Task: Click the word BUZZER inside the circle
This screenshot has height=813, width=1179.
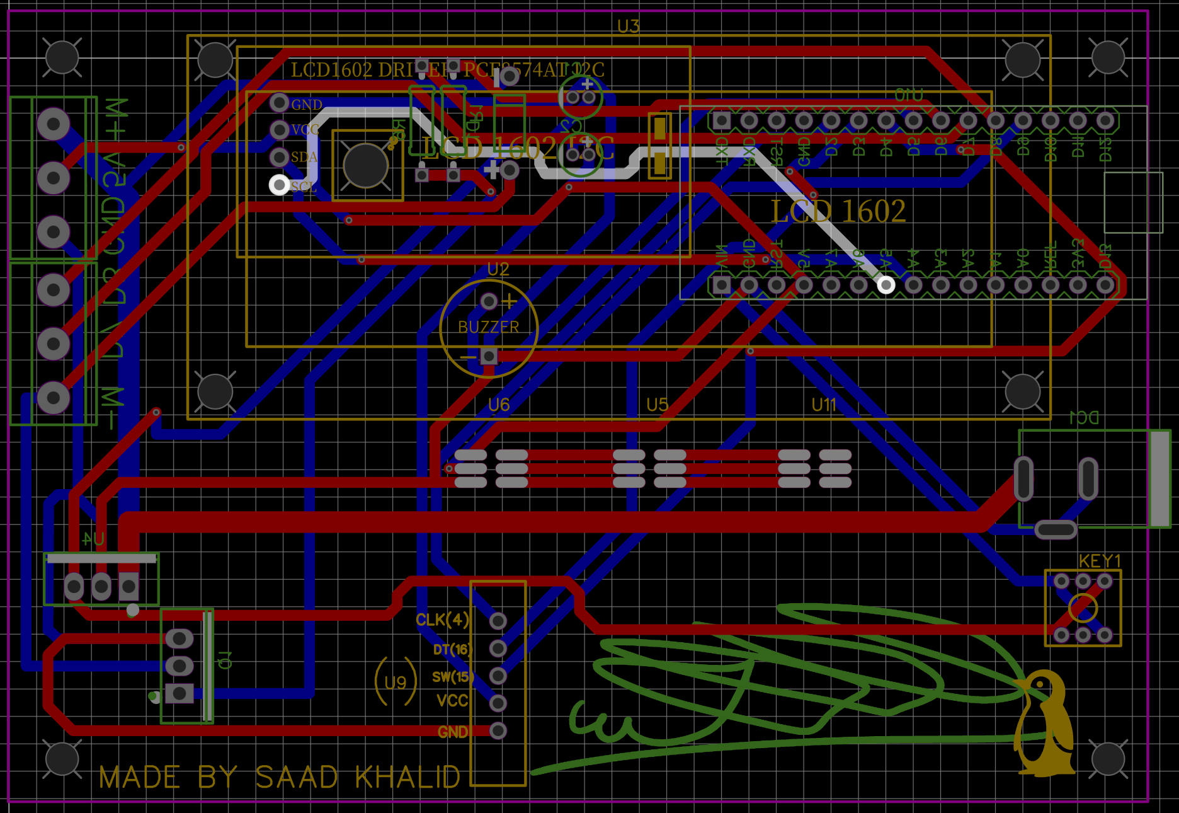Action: coord(488,327)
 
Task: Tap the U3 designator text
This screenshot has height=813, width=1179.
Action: coord(628,26)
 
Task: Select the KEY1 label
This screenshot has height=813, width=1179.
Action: coord(1100,561)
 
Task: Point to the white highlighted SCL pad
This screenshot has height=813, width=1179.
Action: coord(280,185)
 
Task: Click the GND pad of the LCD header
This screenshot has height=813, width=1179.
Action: coord(280,102)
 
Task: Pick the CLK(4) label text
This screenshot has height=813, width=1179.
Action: coord(442,620)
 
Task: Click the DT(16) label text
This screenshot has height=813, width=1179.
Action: coord(452,649)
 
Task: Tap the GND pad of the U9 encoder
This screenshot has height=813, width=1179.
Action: coord(498,731)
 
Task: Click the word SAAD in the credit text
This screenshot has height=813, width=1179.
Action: coord(297,778)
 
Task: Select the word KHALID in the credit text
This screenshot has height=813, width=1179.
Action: coord(407,778)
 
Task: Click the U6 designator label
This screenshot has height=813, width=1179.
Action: coord(499,405)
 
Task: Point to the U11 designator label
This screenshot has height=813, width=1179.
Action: coord(824,405)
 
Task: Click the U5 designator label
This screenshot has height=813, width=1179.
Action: coord(657,405)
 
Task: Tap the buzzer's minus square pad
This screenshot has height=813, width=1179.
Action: coord(489,357)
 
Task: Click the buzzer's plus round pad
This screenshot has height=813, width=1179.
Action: coord(489,302)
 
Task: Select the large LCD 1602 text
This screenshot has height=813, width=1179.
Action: coord(838,211)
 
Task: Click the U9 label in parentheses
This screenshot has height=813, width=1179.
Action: coord(396,683)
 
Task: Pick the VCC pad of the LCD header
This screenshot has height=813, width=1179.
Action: coord(280,130)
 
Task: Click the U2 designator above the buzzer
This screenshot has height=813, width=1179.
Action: coord(498,269)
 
